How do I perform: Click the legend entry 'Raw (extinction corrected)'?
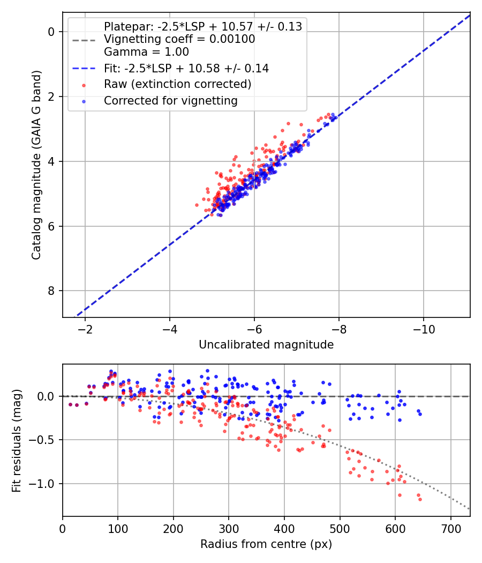(177, 84)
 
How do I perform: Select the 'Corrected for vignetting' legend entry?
(170, 100)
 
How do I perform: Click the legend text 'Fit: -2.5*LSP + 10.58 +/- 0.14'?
(186, 68)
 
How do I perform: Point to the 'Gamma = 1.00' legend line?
(146, 52)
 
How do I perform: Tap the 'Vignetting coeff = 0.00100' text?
(179, 39)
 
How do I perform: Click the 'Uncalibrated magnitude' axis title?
(266, 345)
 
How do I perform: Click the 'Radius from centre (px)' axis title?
(266, 544)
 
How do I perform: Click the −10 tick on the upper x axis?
(424, 328)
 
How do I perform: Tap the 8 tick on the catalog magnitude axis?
(51, 291)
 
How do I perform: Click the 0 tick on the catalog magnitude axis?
(51, 32)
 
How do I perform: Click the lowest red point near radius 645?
(420, 499)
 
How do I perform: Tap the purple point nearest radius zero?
(70, 404)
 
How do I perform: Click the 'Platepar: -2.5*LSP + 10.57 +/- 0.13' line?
(203, 26)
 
